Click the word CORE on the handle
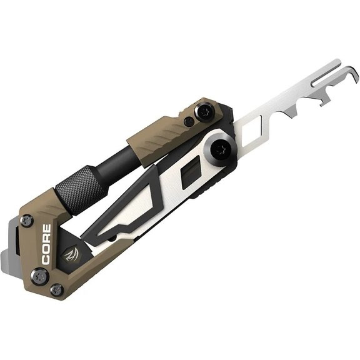point(46,244)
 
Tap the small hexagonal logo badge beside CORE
point(71,255)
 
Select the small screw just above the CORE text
point(27,221)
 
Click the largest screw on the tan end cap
point(40,276)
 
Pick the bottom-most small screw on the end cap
point(57,291)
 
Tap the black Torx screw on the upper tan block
point(204,112)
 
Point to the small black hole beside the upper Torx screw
point(189,121)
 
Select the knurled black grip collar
point(81,191)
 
